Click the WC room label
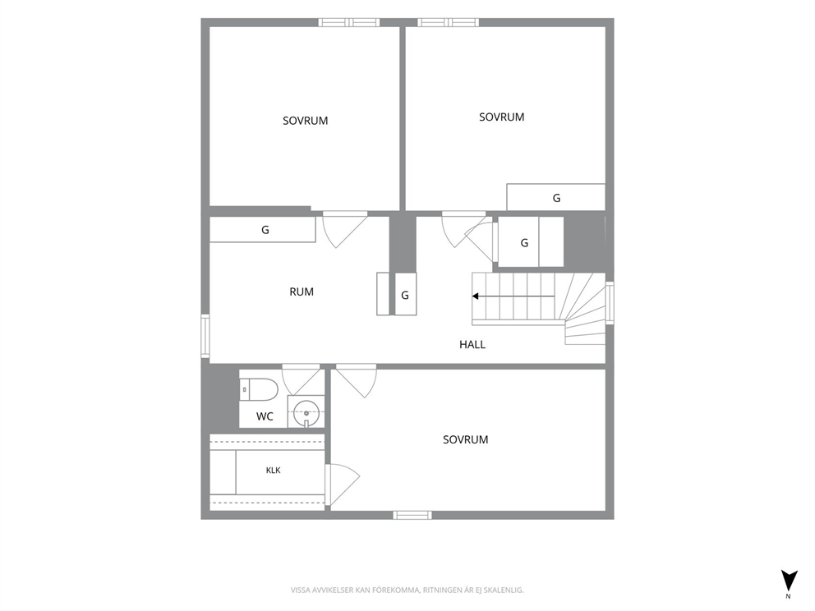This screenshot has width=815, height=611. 265,416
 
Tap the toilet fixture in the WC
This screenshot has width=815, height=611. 259,389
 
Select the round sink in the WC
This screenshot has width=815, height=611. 306,413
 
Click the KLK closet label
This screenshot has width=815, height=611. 273,471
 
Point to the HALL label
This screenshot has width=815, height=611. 472,344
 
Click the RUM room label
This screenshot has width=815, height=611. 302,292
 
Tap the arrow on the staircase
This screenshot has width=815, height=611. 513,296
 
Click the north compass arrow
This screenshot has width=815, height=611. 789,580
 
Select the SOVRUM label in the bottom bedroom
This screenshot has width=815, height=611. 465,439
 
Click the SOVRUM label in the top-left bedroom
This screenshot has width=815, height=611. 305,121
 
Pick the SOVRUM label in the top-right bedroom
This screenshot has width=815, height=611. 502,117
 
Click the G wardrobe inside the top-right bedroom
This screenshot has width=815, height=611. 555,197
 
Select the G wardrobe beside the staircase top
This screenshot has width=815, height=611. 531,242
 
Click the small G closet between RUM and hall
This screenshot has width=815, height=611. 405,294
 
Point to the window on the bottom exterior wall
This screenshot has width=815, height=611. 412,515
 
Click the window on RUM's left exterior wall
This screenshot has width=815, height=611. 205,336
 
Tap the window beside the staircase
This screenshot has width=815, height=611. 610,303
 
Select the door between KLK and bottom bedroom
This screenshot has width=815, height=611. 342,485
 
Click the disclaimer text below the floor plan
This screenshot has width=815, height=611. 407,590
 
